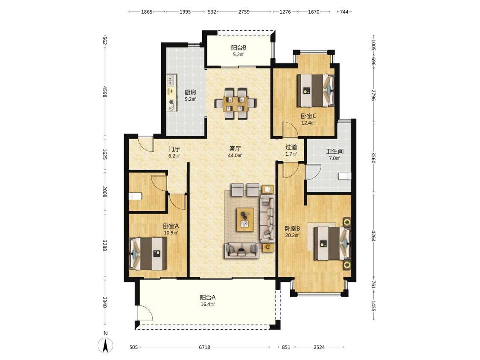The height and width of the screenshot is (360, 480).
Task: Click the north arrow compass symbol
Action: tap(105, 345)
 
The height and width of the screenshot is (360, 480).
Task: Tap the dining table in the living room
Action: tap(236, 104)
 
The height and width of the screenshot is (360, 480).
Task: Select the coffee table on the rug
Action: tap(245, 220)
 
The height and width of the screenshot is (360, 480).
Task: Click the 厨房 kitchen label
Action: tap(190, 92)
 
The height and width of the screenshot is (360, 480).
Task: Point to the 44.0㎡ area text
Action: tap(235, 156)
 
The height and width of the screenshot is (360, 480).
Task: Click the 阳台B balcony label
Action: tap(239, 48)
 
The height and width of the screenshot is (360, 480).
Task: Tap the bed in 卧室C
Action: tap(316, 90)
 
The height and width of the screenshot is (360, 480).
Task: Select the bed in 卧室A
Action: tap(148, 254)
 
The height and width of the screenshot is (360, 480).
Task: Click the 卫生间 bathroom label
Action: tap(335, 151)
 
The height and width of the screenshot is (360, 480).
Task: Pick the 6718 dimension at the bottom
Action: tap(204, 347)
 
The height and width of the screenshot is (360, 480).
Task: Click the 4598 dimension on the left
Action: tap(105, 92)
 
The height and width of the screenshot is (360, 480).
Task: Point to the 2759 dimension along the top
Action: tap(244, 12)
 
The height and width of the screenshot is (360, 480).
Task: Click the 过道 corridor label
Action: tap(291, 147)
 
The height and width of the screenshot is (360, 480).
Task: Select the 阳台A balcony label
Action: tap(208, 298)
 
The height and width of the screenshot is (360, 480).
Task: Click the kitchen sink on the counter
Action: tap(171, 80)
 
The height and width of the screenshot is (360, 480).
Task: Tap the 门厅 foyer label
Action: tap(174, 149)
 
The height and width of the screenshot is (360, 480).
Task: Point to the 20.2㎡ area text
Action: tap(292, 235)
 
